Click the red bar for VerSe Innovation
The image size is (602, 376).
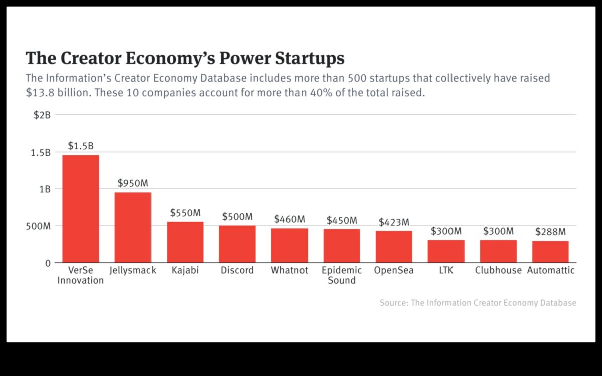coord(81,208)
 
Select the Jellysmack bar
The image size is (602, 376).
coord(133,227)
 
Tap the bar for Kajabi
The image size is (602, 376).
coord(185,242)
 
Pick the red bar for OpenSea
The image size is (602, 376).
coord(394,246)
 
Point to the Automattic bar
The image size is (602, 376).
coord(550,252)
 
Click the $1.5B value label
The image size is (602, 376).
coord(81,146)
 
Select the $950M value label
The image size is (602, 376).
coord(133,183)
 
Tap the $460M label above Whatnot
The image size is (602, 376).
coord(289,219)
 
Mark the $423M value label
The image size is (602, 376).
coord(394,222)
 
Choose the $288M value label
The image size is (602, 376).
coord(550,232)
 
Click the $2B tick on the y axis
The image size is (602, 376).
coord(42,115)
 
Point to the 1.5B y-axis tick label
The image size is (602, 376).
coord(40,152)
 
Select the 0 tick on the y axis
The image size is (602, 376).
coord(48,263)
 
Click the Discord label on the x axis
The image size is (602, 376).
coord(237,270)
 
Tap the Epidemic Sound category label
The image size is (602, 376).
coord(342,275)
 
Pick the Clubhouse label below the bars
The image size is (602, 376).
coord(498,270)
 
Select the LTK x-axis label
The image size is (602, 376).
coord(446,270)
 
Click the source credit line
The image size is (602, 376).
coord(478,303)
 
